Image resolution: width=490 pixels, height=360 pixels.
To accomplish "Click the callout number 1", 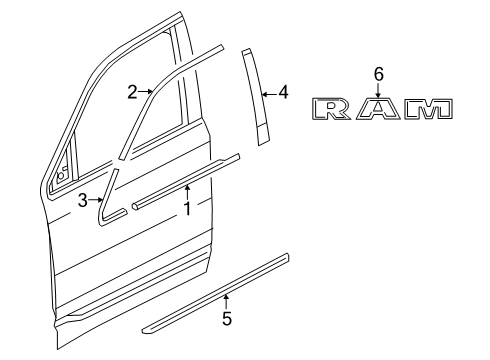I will click(x=186, y=209).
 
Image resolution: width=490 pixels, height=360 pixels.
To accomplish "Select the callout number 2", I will click(x=132, y=92).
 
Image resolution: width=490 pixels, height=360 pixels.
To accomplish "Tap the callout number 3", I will click(x=82, y=200).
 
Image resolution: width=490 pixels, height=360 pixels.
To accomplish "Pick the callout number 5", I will click(x=226, y=319).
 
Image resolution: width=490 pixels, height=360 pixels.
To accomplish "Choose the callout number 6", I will click(x=378, y=73).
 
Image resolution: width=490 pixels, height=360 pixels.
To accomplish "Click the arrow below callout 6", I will click(x=378, y=89).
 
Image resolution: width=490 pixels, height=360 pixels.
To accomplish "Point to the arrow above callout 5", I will click(x=226, y=301).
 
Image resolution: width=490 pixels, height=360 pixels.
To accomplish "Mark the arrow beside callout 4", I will click(x=268, y=94).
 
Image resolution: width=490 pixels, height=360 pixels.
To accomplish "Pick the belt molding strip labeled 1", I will click(x=185, y=179).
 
